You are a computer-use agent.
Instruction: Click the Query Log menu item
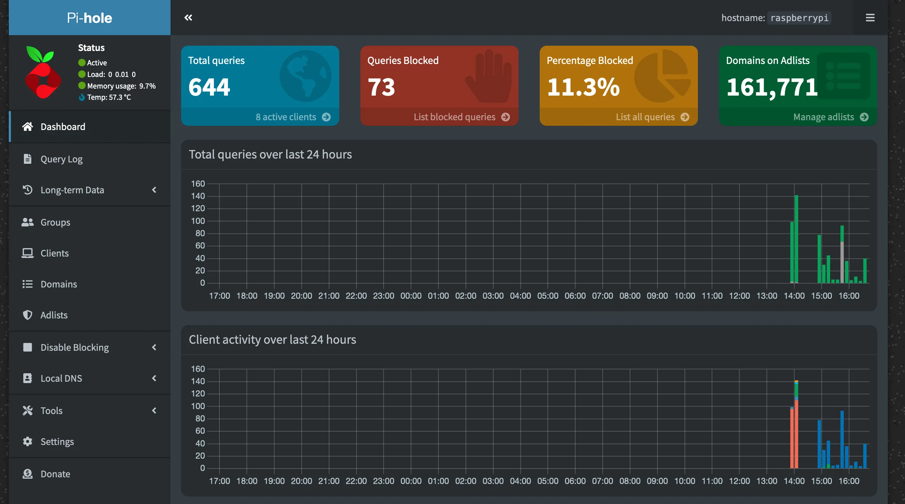pos(62,159)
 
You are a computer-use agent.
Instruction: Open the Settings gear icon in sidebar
pos(27,441)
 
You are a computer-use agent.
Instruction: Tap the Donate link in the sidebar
pos(55,474)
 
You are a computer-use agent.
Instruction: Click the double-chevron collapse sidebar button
pos(188,18)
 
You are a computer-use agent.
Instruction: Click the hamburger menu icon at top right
pos(870,18)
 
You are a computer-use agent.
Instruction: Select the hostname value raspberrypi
pos(799,18)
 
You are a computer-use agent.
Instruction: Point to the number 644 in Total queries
pos(209,87)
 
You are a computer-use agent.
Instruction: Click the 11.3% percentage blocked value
pos(583,87)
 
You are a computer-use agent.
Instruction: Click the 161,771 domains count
pos(772,87)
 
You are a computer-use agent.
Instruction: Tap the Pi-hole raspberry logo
pos(43,72)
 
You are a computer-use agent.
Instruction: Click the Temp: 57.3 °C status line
pos(109,97)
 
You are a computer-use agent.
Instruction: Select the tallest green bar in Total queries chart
pos(796,239)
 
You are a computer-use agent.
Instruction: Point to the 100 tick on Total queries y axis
pos(198,221)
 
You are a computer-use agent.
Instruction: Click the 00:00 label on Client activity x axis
pos(411,481)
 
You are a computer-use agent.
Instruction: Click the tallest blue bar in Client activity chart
pos(842,439)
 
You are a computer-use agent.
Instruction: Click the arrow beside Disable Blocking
pos(154,347)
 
